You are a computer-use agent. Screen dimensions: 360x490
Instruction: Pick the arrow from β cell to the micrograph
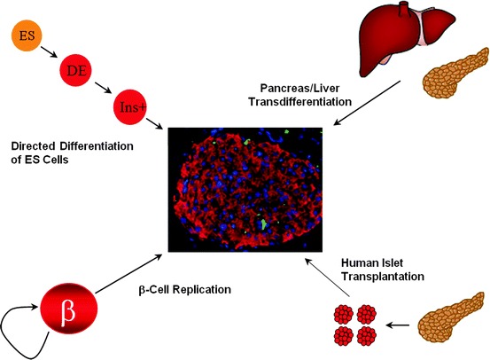click(125, 280)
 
